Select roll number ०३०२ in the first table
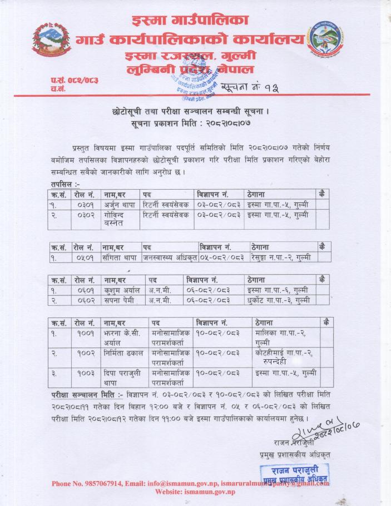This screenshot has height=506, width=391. click(85, 215)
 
